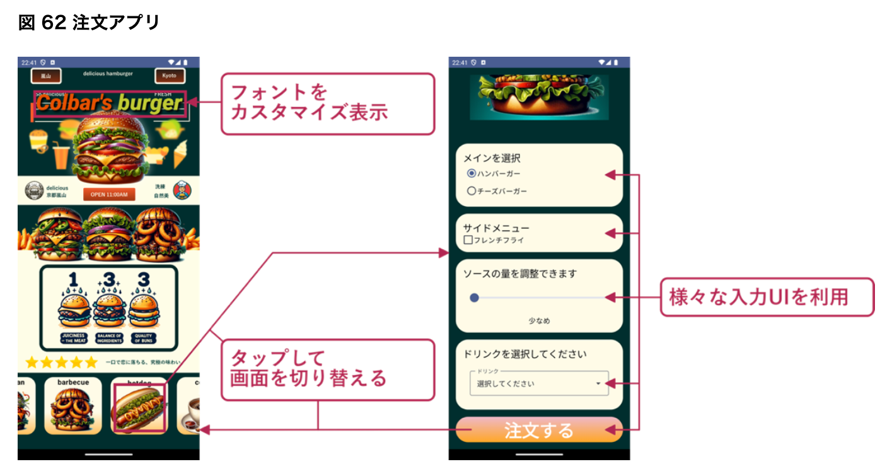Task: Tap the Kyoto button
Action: tap(170, 76)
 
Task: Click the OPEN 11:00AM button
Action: tap(109, 195)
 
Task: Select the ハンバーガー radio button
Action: tap(472, 173)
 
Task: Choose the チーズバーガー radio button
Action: tap(472, 191)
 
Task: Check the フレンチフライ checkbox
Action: tap(468, 240)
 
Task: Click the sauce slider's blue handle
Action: tap(475, 298)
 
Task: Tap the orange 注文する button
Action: tap(539, 430)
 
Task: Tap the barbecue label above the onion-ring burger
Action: tap(73, 382)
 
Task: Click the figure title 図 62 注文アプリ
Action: tap(89, 23)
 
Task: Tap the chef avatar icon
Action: tap(182, 190)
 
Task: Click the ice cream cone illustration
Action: tap(182, 153)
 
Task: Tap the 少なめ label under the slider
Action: tap(539, 321)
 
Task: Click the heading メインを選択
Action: tap(492, 158)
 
